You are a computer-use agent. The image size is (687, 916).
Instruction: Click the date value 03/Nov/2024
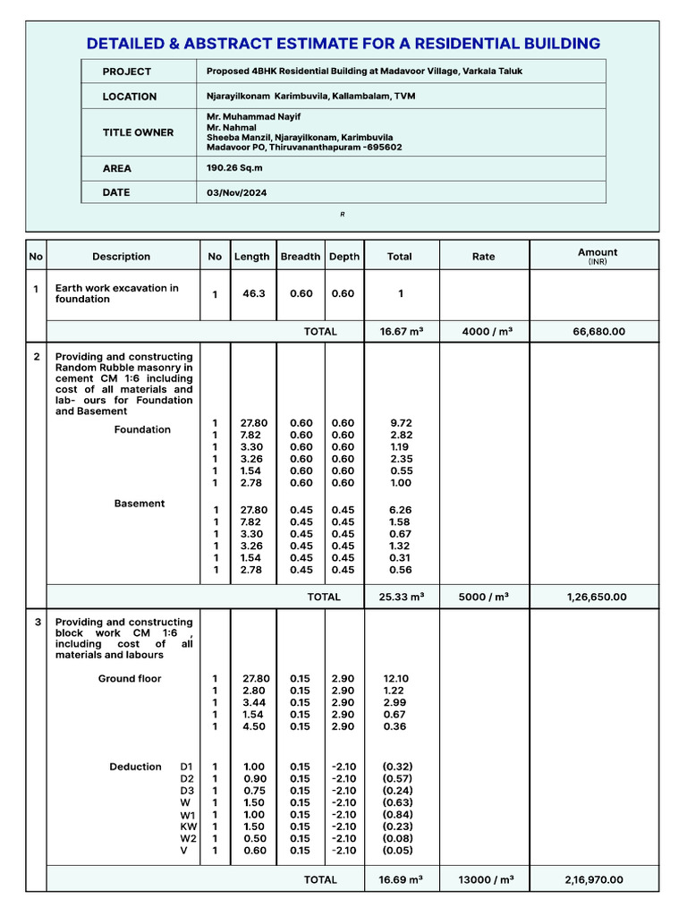[x=236, y=192]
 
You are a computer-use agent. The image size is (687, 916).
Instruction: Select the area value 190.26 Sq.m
[x=232, y=167]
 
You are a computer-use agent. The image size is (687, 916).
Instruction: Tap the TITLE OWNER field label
[x=138, y=132]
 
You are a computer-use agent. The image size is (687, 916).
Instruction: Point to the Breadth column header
[x=300, y=257]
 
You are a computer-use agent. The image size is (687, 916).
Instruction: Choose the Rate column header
[x=483, y=257]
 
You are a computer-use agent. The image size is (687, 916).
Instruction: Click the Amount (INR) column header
[x=597, y=256]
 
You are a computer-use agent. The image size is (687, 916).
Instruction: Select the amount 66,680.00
[x=598, y=332]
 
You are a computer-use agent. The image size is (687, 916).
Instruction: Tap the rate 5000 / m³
[x=483, y=598]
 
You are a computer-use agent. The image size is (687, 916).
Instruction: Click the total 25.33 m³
[x=399, y=598]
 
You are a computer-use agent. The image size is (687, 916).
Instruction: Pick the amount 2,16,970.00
[x=595, y=880]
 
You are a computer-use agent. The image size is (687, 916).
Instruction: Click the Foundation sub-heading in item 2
[x=142, y=430]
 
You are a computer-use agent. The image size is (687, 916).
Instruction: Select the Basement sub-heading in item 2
[x=140, y=504]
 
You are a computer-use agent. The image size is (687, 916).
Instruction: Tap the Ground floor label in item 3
[x=130, y=679]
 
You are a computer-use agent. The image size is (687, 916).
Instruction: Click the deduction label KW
[x=188, y=827]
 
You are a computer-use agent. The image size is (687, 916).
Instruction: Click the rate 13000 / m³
[x=483, y=880]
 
